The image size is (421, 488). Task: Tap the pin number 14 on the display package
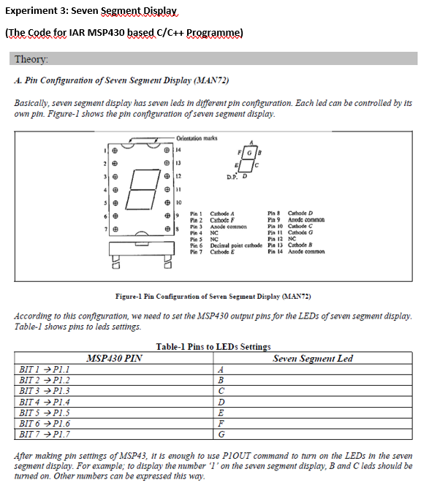pos(179,149)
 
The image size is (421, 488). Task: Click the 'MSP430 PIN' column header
pos(114,359)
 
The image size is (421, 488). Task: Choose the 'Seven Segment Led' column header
pos(312,359)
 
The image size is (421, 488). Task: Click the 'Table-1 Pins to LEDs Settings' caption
pos(213,346)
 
